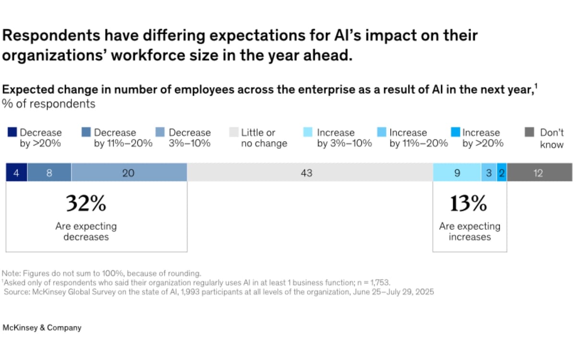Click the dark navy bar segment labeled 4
(16, 172)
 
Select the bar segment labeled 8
(49, 172)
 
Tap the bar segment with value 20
(129, 172)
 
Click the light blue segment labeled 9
(457, 172)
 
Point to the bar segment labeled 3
(489, 172)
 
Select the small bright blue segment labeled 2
(502, 172)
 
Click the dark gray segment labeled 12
(539, 172)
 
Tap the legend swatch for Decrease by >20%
(12, 132)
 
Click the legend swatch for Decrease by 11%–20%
(86, 132)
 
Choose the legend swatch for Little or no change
(234, 132)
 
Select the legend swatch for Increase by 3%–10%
(309, 132)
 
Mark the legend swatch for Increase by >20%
(456, 132)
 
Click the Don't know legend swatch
(529, 132)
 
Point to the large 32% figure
(86, 204)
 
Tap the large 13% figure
(468, 204)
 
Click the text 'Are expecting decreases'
(86, 231)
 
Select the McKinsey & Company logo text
(42, 328)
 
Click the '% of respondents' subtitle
(49, 104)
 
